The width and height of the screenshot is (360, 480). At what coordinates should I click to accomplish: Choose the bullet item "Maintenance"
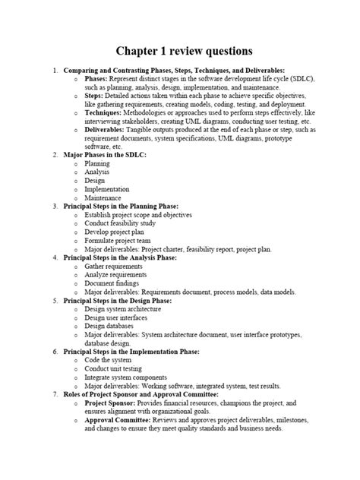106,197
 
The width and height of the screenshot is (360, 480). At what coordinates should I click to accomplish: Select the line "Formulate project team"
120,240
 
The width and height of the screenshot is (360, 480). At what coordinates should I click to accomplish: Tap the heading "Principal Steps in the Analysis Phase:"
128,257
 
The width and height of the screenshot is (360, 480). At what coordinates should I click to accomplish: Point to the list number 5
55,300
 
